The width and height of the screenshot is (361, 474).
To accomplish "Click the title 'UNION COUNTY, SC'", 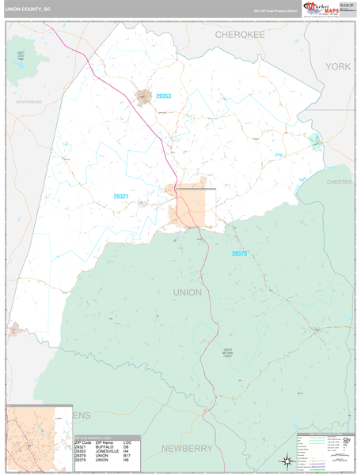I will tap(28, 10).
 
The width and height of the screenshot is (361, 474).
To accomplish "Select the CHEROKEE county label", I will tap(240, 36).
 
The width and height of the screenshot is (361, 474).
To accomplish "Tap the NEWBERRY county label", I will tap(188, 448).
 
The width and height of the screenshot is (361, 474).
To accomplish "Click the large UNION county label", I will tap(187, 292).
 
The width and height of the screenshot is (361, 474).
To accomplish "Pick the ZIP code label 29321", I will tap(121, 196).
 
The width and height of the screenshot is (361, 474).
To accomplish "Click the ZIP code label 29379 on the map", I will tap(240, 254).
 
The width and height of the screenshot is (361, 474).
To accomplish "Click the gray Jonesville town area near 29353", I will tap(143, 96).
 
